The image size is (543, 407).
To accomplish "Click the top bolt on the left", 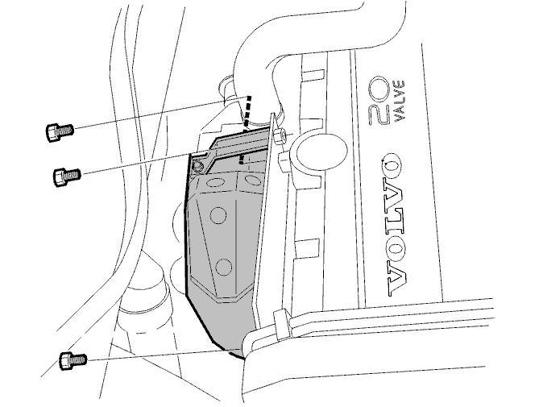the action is coord(60,132).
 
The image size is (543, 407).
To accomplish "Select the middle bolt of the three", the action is coord(67,176).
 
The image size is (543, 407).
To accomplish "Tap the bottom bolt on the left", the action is coord(73,360).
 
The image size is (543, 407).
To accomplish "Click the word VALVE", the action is coord(399,101).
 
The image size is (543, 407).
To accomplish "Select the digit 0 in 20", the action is coord(380,89).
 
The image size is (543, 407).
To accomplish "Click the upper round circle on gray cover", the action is coord(218,215).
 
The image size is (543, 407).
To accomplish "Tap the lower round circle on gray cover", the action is coord(223,267).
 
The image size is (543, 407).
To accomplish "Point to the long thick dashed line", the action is coord(247,113).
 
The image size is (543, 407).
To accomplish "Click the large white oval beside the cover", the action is coord(318,151).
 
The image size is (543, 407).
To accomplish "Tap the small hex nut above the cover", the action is coord(280,135).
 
